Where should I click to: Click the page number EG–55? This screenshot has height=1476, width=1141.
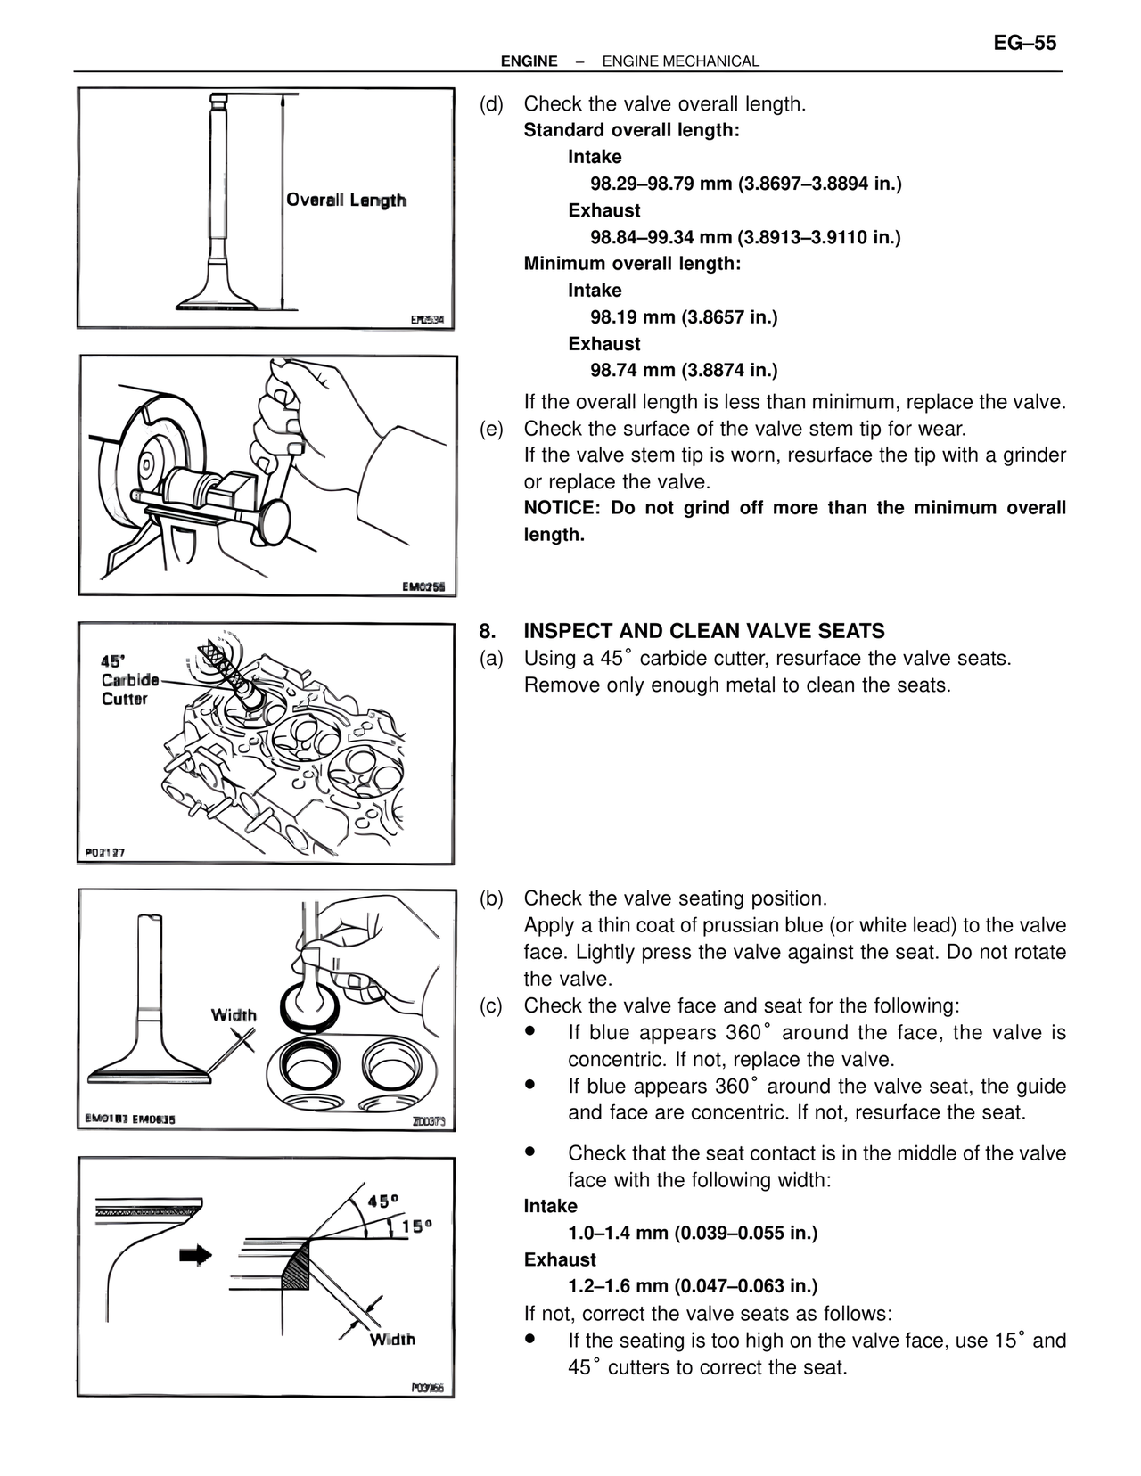pyautogui.click(x=1024, y=43)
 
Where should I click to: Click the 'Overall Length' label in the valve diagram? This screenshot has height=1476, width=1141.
pyautogui.click(x=346, y=200)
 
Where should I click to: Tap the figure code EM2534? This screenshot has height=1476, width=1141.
pyautogui.click(x=427, y=319)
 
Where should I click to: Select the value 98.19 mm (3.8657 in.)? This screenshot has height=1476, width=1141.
pyautogui.click(x=684, y=317)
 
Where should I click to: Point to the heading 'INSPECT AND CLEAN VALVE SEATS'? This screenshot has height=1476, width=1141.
pyautogui.click(x=704, y=631)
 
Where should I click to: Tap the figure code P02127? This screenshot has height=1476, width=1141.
pyautogui.click(x=105, y=852)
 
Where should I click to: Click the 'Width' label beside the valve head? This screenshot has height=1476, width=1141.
pyautogui.click(x=234, y=1015)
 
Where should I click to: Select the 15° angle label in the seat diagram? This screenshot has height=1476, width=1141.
pyautogui.click(x=416, y=1226)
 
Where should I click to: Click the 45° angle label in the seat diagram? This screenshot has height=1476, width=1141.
pyautogui.click(x=382, y=1201)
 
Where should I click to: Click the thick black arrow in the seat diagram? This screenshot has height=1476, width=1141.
pyautogui.click(x=196, y=1255)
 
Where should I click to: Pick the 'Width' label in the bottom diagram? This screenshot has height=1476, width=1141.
pyautogui.click(x=392, y=1339)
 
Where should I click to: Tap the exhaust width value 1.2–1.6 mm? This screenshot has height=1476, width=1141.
pyautogui.click(x=693, y=1286)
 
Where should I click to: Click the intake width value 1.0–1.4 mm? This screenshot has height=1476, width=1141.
pyautogui.click(x=693, y=1233)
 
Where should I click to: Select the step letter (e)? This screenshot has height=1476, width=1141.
pyautogui.click(x=491, y=429)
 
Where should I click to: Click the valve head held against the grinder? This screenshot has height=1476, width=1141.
pyautogui.click(x=276, y=522)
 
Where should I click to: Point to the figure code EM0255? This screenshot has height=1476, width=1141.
pyautogui.click(x=428, y=586)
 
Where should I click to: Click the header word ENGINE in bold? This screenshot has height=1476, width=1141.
pyautogui.click(x=529, y=61)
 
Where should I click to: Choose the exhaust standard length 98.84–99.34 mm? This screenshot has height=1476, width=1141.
pyautogui.click(x=745, y=237)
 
